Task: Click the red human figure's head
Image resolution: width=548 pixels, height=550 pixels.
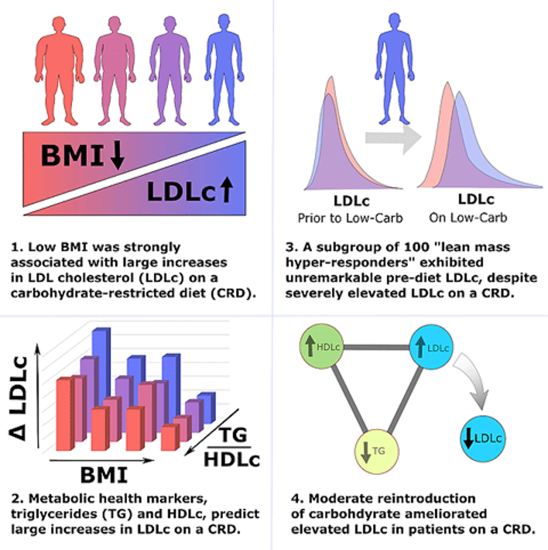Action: click(59, 26)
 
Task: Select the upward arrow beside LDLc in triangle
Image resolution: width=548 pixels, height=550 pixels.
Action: click(227, 189)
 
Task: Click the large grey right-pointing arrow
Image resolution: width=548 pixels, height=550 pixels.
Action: click(393, 138)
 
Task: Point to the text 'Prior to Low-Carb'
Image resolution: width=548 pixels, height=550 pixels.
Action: click(350, 218)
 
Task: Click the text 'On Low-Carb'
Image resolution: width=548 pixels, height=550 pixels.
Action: click(468, 218)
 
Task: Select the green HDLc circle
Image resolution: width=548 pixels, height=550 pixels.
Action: click(322, 347)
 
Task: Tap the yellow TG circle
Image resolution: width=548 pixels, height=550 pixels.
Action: click(376, 451)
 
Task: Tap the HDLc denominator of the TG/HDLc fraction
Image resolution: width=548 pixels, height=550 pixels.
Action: click(232, 459)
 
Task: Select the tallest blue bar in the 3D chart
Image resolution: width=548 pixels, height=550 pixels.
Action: click(101, 361)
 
